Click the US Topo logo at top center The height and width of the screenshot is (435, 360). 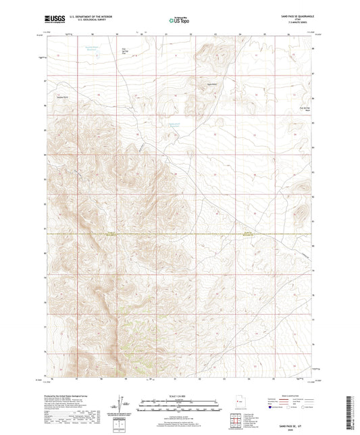pos(178,21)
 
